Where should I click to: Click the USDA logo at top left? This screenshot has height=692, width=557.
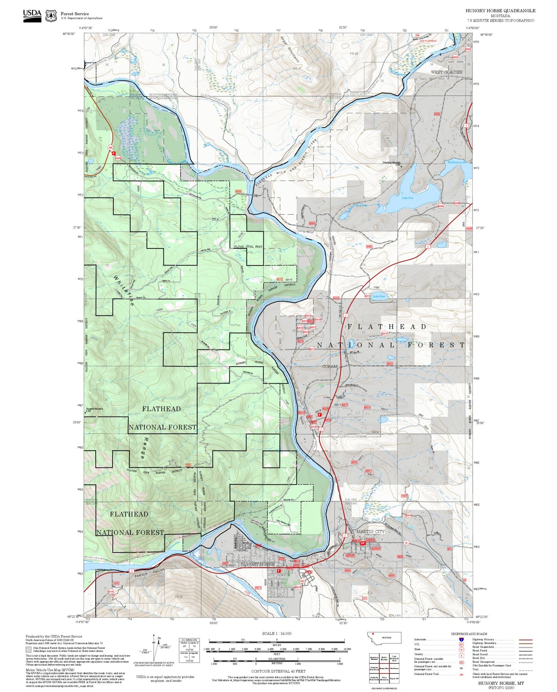pos(32,15)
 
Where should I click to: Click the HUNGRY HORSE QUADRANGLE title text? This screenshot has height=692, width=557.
pos(500,11)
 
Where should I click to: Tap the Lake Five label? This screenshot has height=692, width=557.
pos(407,198)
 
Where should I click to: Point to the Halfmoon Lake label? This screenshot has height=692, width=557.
pos(456,162)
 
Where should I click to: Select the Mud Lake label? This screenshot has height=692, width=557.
pos(361,206)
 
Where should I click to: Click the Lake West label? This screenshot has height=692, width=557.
pos(379,296)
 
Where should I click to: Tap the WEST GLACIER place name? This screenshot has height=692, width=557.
pos(446,72)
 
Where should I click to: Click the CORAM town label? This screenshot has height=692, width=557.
pos(330,366)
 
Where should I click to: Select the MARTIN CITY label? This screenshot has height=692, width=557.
pos(370,531)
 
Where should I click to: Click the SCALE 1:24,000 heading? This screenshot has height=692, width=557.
pos(277,633)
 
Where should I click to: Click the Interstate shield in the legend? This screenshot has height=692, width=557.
pos(461,639)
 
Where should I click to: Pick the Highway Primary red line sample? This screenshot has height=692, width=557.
pos(525,640)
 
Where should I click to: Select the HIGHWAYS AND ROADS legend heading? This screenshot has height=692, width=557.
pos(469,634)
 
